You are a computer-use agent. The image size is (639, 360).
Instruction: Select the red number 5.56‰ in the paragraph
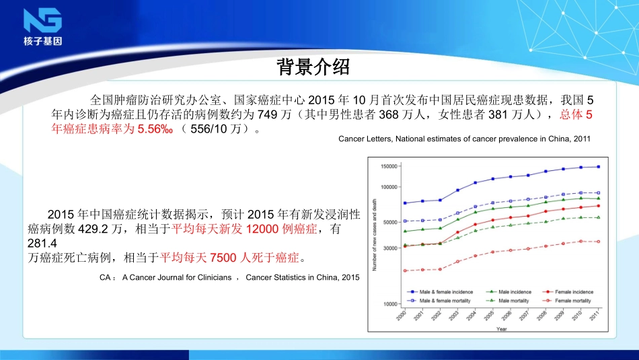click(155, 129)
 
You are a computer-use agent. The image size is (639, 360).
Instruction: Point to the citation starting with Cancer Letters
click(463, 139)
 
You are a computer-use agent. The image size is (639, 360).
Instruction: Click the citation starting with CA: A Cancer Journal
click(229, 277)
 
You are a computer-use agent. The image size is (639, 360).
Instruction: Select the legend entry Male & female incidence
click(446, 291)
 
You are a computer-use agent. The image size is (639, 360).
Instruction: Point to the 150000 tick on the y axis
click(389, 166)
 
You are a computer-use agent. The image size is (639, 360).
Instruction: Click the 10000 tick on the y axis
click(391, 304)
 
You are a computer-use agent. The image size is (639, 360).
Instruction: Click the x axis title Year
click(501, 329)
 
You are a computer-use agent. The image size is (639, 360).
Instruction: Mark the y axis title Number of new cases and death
click(375, 236)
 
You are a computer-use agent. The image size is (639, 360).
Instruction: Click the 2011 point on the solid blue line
click(598, 166)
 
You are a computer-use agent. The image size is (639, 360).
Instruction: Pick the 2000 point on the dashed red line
click(405, 271)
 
